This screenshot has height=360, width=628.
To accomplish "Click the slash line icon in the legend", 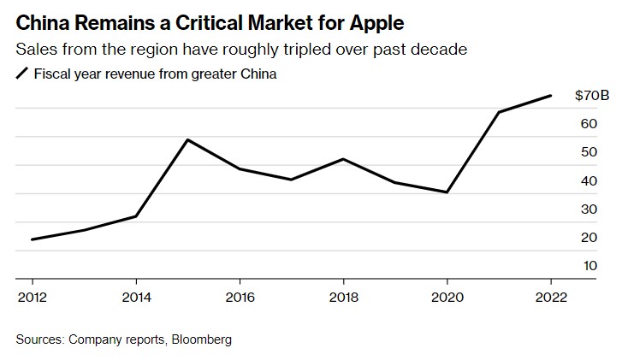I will [21, 74].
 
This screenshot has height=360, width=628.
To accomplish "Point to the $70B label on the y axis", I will [592, 96].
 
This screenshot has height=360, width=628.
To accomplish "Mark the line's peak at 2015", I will [187, 139].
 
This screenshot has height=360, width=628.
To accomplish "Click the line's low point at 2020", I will [447, 192].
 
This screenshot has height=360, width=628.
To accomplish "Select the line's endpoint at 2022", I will [550, 96].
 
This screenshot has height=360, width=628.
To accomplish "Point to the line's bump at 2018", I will [343, 159].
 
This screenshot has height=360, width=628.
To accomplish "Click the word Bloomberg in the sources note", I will [203, 339].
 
